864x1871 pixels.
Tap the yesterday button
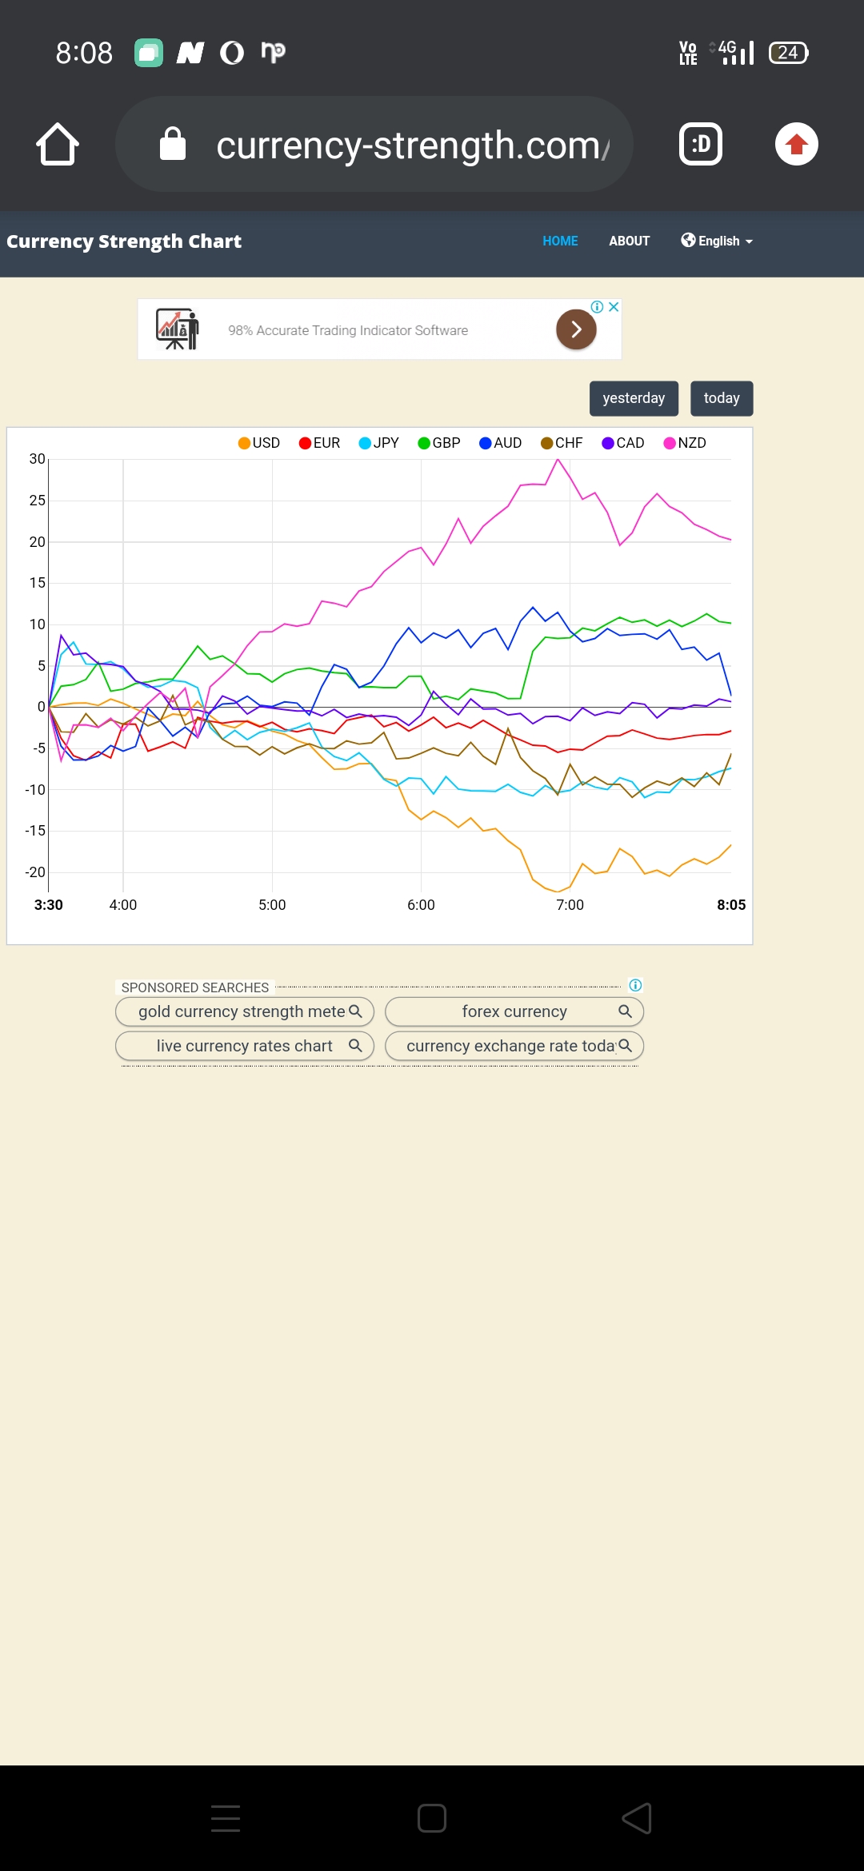(634, 398)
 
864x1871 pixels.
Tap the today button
(721, 398)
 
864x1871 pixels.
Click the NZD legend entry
(685, 443)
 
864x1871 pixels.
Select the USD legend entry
(259, 443)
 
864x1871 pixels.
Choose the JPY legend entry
(379, 443)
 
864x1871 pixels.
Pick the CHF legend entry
(562, 443)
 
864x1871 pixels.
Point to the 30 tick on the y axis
(37, 459)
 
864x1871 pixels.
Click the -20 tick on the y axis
(35, 872)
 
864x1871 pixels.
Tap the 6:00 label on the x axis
(421, 905)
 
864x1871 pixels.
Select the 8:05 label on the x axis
(731, 905)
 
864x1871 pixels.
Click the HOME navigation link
(560, 241)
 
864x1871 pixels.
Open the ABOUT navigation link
(629, 241)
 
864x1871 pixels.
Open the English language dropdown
(717, 241)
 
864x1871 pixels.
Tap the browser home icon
(58, 145)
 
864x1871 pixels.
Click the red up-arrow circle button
(796, 145)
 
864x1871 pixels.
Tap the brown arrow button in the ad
(576, 329)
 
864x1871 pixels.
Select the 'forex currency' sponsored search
(514, 1011)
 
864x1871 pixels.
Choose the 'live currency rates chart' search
(245, 1046)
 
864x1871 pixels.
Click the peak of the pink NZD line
(558, 460)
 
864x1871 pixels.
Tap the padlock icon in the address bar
(173, 145)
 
